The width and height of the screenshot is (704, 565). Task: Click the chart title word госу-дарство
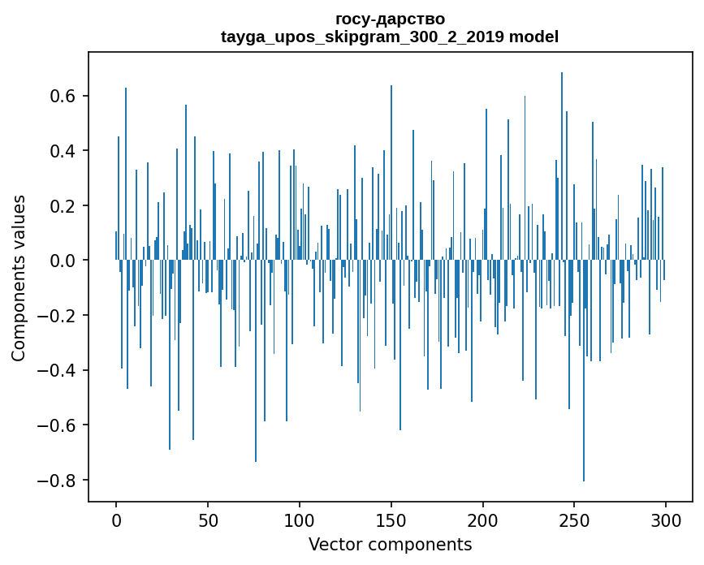[390, 19]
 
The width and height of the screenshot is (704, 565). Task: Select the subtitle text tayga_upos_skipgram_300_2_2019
[362, 37]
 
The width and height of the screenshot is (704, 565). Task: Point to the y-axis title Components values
[19, 278]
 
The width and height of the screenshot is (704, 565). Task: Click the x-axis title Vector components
[390, 544]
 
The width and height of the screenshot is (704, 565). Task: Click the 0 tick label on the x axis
[116, 520]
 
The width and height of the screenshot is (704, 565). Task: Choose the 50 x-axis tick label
[208, 520]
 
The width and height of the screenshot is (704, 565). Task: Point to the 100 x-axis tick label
[300, 520]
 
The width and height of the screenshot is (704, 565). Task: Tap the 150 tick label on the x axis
[391, 520]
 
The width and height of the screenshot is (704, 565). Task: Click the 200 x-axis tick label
[483, 520]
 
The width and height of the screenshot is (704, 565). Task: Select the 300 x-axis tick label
[666, 520]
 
